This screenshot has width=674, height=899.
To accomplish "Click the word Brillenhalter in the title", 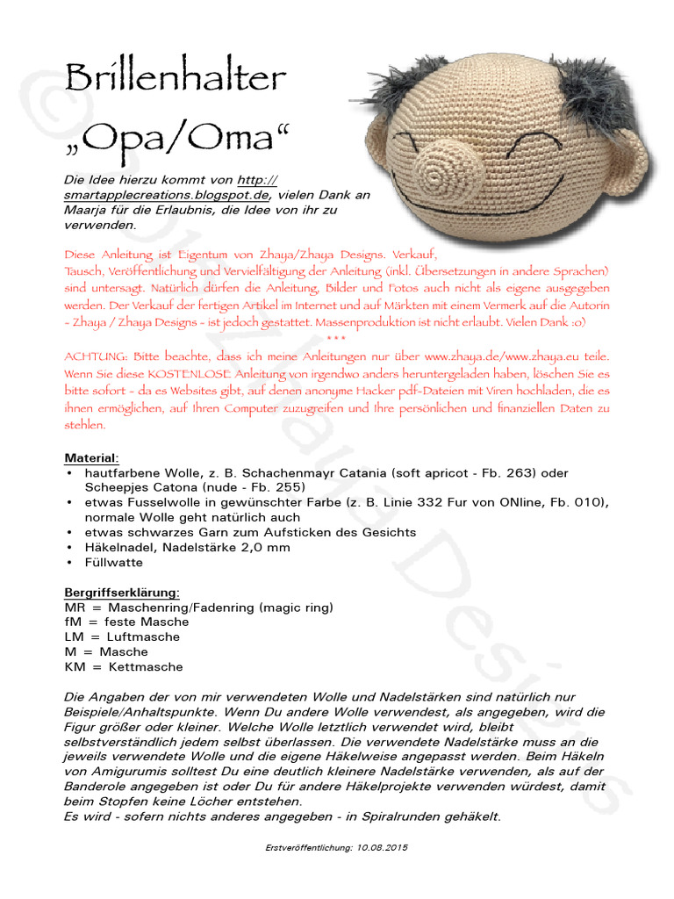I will tap(176, 79).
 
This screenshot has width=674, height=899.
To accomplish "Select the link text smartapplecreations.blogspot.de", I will tap(166, 194).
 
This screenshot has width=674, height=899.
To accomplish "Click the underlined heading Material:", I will tap(92, 458).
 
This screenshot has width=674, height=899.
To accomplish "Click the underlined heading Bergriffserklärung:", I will tap(122, 593).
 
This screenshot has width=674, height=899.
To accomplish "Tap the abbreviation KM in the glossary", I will tap(75, 667).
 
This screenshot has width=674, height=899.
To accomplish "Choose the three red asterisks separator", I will tap(336, 339).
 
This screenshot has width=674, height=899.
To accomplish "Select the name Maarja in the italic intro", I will tap(85, 210).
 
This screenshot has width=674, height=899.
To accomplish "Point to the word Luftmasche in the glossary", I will tap(143, 637).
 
